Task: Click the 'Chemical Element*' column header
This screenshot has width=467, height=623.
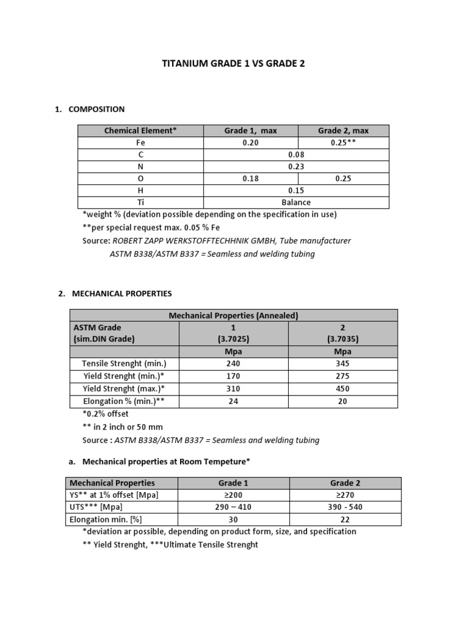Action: (140, 130)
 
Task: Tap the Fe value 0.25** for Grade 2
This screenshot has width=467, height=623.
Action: (343, 142)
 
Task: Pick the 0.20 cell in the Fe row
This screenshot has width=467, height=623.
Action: (250, 142)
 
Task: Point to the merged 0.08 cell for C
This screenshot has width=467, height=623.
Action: (296, 155)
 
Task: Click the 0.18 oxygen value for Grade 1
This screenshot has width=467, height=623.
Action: (250, 179)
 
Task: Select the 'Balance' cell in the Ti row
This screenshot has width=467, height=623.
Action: (296, 202)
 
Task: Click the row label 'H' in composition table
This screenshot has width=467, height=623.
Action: (140, 190)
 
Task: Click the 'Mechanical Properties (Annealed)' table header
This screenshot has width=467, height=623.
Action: (233, 315)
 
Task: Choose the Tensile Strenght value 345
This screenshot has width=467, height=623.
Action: (342, 364)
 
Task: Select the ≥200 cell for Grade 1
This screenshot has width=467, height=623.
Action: (233, 495)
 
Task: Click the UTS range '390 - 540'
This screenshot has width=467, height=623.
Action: (345, 507)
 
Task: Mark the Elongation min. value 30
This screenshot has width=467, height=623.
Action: (233, 520)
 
